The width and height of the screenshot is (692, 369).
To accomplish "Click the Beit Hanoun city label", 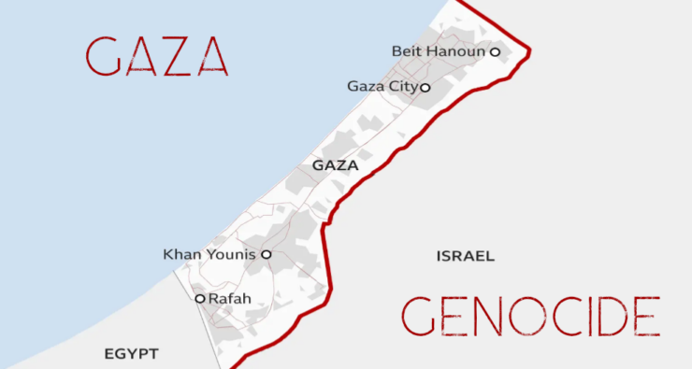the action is pyautogui.click(x=439, y=51).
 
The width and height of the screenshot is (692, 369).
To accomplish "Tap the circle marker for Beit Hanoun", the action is pyautogui.click(x=495, y=52).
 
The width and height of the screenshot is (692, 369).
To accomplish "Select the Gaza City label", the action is pyautogui.click(x=382, y=87).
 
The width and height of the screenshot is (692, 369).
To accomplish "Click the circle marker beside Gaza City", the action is pyautogui.click(x=425, y=88).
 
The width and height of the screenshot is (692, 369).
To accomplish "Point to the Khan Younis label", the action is pyautogui.click(x=209, y=253).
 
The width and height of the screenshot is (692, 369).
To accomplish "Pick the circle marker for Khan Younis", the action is pyautogui.click(x=266, y=253).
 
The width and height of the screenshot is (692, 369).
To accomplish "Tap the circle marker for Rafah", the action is pyautogui.click(x=199, y=299).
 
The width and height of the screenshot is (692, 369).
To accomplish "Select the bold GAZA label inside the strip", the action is pyautogui.click(x=336, y=165).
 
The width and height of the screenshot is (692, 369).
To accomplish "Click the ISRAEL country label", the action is pyautogui.click(x=465, y=255).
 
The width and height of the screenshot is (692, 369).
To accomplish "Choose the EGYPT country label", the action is pyautogui.click(x=131, y=354).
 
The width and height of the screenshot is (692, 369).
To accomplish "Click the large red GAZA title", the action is pyautogui.click(x=156, y=57).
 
